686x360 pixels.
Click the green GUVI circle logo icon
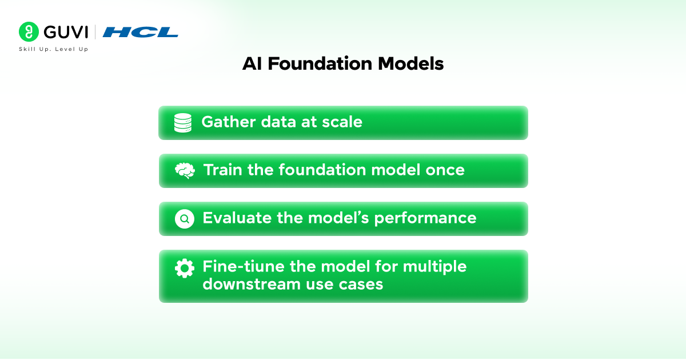pos(29,32)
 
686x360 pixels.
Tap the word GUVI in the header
pos(66,32)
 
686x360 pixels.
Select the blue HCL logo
pos(140,32)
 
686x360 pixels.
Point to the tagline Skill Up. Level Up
pos(54,49)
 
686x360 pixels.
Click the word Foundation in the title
pos(320,63)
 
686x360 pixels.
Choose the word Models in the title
pos(410,63)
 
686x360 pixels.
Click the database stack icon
pos(183,123)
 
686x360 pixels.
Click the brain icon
pos(185,170)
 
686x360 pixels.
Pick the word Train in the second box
pos(222,170)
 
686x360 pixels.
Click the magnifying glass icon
pos(184,219)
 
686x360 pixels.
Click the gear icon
pos(184,269)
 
